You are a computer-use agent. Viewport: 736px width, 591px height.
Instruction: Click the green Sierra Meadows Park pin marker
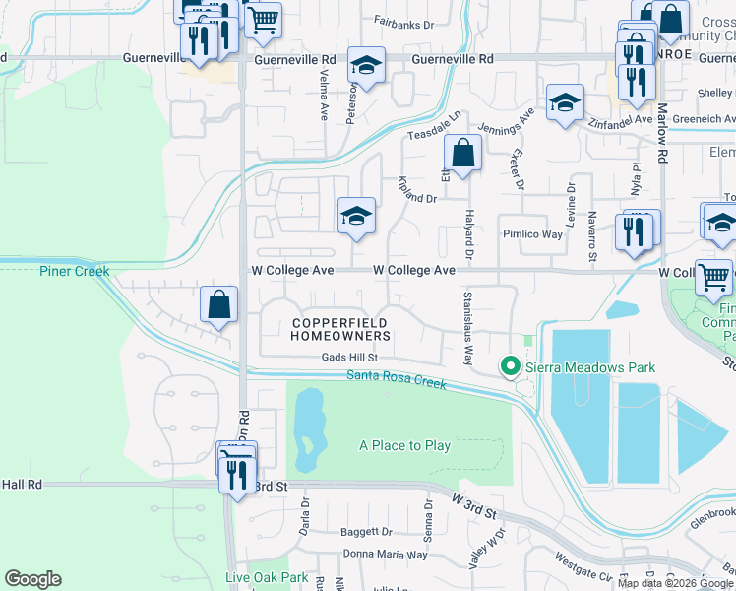pos(510,367)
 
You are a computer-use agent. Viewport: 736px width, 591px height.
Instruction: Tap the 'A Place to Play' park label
pos(404,445)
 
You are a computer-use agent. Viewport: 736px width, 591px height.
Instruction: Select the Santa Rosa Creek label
pos(397,379)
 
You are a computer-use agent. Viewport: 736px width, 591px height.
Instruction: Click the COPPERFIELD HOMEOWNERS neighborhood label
pos(340,329)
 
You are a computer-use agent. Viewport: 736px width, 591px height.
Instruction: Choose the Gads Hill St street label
pos(349,358)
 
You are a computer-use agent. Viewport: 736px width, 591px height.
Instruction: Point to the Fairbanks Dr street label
pos(404,20)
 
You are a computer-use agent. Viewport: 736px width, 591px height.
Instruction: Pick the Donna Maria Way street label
pos(385,555)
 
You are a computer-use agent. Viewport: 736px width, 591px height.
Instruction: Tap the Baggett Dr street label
pos(366,531)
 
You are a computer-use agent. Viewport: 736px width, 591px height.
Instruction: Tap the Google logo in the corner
pos(33,579)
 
